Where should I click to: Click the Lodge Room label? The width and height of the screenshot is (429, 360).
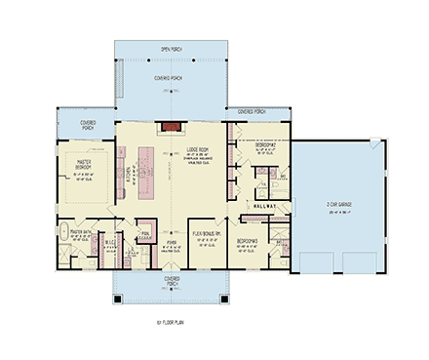pos(199,149)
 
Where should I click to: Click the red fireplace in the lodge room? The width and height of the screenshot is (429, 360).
pos(172,125)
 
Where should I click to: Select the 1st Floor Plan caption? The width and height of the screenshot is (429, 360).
pos(170,319)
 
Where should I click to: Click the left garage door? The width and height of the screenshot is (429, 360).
pos(312,261)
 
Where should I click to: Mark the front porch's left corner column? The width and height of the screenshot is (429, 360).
pos(116,299)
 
